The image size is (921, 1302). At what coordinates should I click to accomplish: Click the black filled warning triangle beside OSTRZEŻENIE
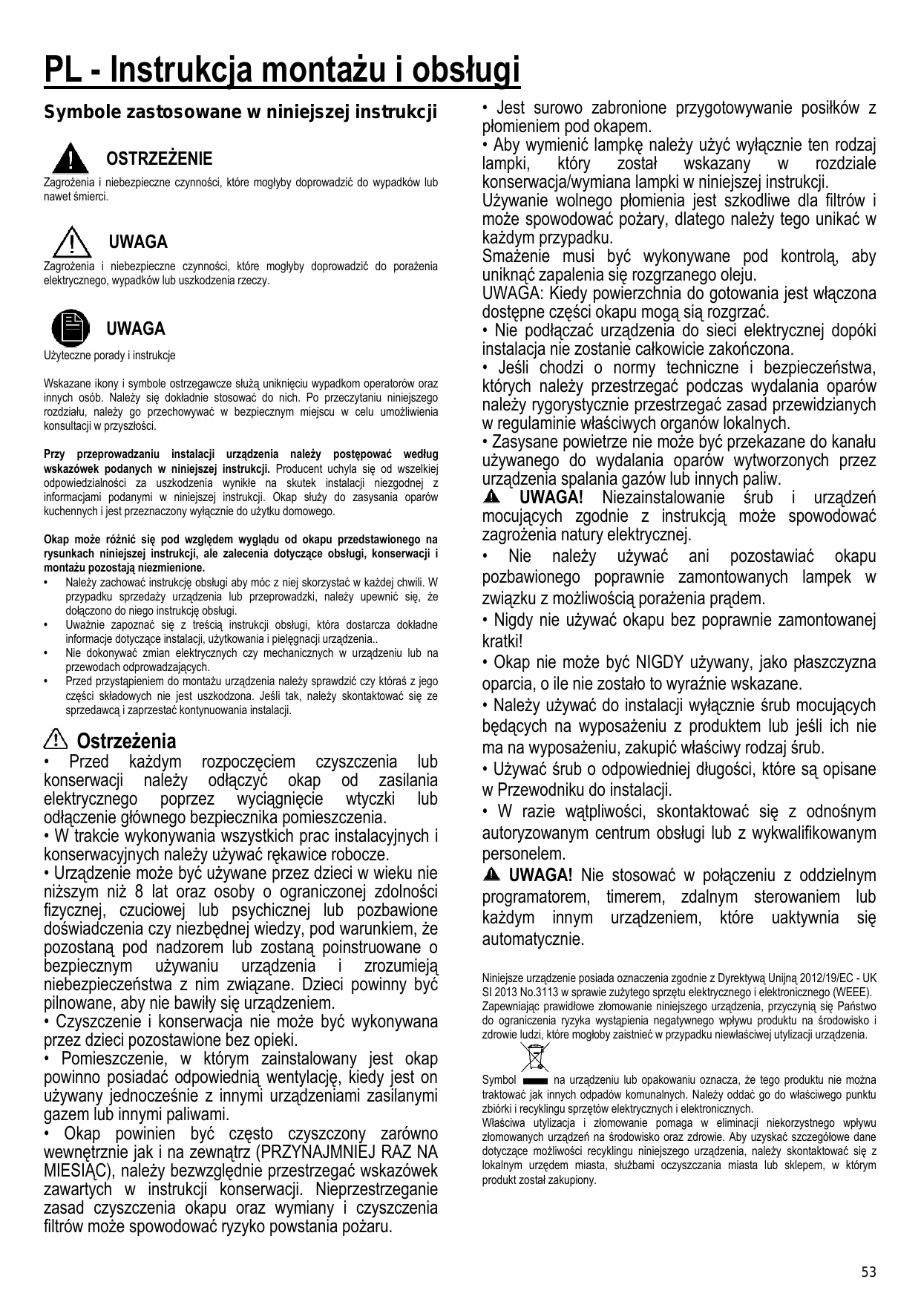coord(69,157)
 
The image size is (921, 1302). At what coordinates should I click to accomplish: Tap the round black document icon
coord(69,329)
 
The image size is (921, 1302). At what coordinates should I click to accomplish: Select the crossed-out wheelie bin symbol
coord(534,1058)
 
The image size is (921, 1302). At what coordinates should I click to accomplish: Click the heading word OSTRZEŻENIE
coord(160,159)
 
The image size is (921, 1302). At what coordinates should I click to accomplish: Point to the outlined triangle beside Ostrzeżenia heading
coord(56,739)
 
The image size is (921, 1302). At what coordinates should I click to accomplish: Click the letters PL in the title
coord(62,71)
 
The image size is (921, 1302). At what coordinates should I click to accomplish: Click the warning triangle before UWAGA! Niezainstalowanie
coord(492,497)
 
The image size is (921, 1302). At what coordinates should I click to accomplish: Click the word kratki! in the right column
coord(503,641)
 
